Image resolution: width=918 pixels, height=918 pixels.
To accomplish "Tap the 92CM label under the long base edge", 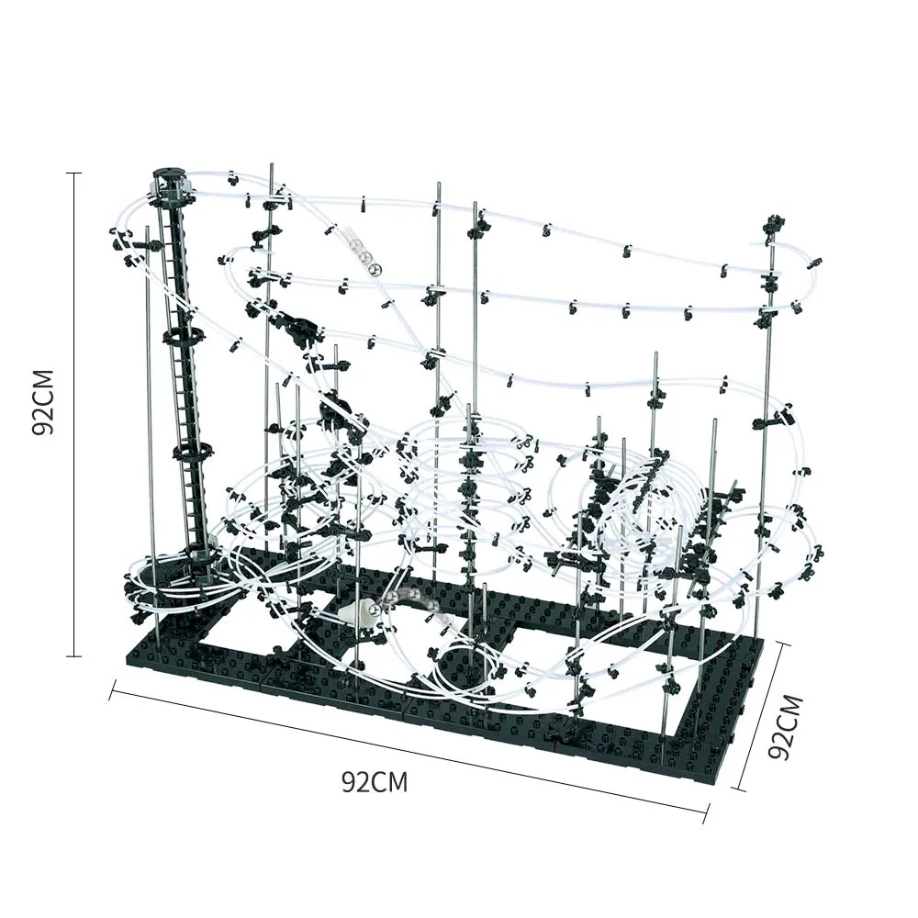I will [x=375, y=782].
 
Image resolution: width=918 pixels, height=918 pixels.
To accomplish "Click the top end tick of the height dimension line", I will [x=74, y=173].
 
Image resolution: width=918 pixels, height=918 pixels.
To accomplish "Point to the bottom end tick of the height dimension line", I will [x=74, y=655].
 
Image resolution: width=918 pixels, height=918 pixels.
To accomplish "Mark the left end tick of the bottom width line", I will [x=111, y=690].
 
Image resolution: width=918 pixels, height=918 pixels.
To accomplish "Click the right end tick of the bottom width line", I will [x=706, y=812].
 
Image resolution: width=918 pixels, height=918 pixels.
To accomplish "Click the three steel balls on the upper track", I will [x=365, y=257].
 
